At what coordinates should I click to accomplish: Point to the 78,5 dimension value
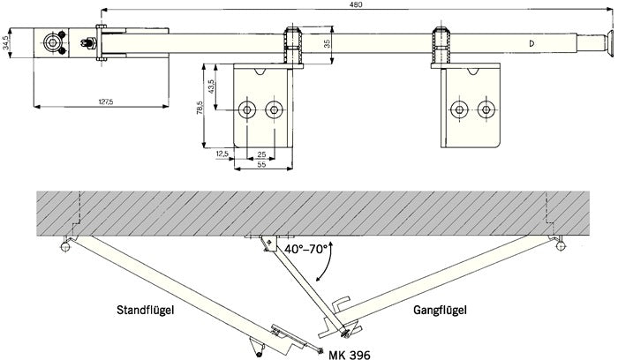[x=201, y=109]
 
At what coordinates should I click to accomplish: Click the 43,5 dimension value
[x=212, y=88]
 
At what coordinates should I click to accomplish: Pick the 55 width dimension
[x=261, y=164]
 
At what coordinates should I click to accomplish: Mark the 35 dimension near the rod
[x=327, y=43]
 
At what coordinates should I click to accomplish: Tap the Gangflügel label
[x=438, y=311]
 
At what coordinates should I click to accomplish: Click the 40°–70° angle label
[x=305, y=250]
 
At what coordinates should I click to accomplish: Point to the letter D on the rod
[x=531, y=44]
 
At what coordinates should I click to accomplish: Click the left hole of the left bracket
[x=249, y=110]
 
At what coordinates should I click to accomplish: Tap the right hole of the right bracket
[x=485, y=110]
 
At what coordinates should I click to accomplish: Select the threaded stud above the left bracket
[x=291, y=41]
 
